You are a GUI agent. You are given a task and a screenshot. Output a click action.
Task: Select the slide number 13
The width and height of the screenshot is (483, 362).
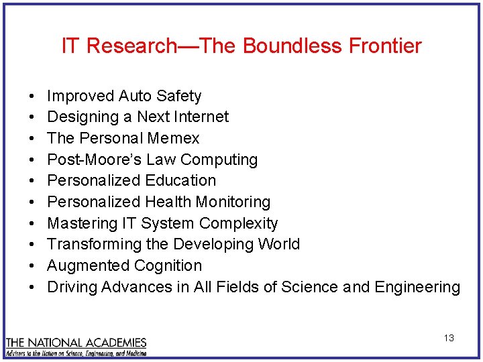449,338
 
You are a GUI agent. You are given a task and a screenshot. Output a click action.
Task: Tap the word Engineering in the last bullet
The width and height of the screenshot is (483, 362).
417,287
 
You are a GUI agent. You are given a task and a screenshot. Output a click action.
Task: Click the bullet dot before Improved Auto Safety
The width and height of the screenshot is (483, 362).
33,97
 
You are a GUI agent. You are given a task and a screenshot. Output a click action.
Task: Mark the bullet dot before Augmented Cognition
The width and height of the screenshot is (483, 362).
33,266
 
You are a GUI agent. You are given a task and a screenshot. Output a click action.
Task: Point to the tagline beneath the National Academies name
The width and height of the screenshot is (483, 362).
76,352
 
